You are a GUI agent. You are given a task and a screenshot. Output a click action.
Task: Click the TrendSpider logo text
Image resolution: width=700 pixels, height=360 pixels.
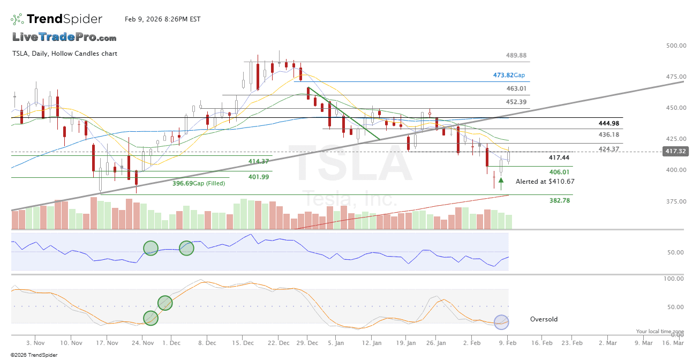point(64,19)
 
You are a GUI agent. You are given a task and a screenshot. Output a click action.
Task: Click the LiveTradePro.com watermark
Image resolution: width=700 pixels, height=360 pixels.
point(64,37)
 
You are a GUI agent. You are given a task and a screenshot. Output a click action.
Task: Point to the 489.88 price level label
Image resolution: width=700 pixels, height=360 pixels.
point(516,55)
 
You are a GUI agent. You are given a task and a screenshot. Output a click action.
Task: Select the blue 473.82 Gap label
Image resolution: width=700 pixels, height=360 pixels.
point(509,76)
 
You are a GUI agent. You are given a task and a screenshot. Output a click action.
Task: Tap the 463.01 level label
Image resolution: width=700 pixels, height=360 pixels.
point(516,88)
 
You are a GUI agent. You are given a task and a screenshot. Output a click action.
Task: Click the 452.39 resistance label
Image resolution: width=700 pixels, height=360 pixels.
point(516,102)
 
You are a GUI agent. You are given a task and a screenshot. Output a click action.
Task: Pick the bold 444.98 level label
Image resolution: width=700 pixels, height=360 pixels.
point(608,124)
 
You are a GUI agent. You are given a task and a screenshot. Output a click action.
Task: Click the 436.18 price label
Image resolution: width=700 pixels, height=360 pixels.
point(608,134)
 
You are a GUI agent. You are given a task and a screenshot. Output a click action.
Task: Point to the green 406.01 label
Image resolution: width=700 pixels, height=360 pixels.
point(559,172)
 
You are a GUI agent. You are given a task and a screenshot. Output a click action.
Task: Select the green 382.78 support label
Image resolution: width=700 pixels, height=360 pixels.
point(559,200)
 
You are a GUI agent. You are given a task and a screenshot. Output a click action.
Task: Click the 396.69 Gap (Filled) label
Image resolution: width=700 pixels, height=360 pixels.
point(198,183)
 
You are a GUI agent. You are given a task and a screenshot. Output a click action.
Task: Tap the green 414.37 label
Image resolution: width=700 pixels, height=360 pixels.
point(259,161)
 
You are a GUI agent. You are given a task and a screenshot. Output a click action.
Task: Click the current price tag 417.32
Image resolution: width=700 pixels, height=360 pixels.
point(675,152)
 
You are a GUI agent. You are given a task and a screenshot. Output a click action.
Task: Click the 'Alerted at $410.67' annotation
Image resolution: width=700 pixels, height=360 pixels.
point(545,182)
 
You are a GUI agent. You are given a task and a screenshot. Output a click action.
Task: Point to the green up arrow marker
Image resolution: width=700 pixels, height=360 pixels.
point(501,181)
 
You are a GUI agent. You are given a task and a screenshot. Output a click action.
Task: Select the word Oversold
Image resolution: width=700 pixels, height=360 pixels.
point(544,319)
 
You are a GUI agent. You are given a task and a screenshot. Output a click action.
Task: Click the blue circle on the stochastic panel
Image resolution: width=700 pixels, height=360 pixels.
point(501,322)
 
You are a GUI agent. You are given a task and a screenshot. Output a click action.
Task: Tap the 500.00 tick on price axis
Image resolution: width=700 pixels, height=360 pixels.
point(675,46)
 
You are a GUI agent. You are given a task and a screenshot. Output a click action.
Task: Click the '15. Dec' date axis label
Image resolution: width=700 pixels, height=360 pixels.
point(244,342)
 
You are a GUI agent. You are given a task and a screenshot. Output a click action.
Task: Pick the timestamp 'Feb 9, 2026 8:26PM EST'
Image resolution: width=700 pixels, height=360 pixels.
point(162,19)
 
